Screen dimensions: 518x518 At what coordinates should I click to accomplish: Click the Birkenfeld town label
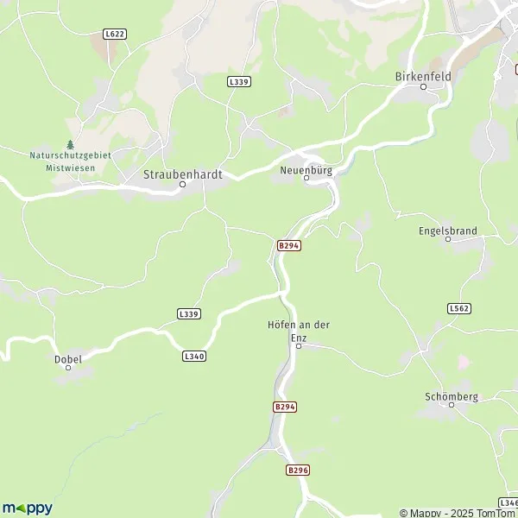coord(423,75)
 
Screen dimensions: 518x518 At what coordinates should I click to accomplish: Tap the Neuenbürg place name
coord(306,170)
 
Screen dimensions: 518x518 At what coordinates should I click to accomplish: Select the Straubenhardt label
coord(182,174)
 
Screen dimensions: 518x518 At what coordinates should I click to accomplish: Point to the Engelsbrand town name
coord(448,231)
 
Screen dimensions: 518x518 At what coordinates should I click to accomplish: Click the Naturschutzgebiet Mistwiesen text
coord(70,161)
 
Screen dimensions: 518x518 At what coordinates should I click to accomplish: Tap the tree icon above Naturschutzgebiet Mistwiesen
coord(71,145)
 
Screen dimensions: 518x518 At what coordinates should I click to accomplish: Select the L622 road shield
coord(114,34)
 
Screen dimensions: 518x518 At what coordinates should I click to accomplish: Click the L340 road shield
coord(194,355)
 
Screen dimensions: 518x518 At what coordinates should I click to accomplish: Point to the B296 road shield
coord(297,470)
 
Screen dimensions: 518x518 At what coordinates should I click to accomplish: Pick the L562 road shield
coord(459,307)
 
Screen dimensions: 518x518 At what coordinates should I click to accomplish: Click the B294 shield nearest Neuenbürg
coord(288,245)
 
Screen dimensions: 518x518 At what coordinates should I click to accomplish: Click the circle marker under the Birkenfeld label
coord(423,86)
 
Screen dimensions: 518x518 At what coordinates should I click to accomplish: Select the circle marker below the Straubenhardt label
coord(182,184)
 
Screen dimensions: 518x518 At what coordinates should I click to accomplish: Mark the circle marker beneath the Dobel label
coord(68,369)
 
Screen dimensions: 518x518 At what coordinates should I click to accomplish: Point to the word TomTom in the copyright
coord(495,513)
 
